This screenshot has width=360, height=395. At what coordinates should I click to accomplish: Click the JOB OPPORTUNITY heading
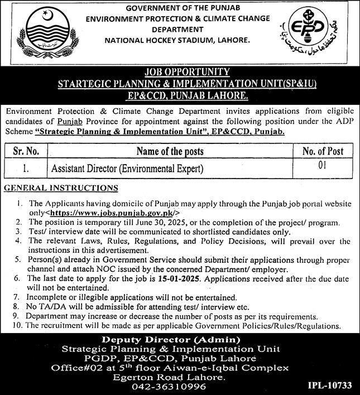tap(180, 71)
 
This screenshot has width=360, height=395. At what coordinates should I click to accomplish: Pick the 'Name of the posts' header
tap(170, 151)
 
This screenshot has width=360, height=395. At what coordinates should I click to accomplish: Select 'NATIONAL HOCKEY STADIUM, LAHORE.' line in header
tap(177, 41)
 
